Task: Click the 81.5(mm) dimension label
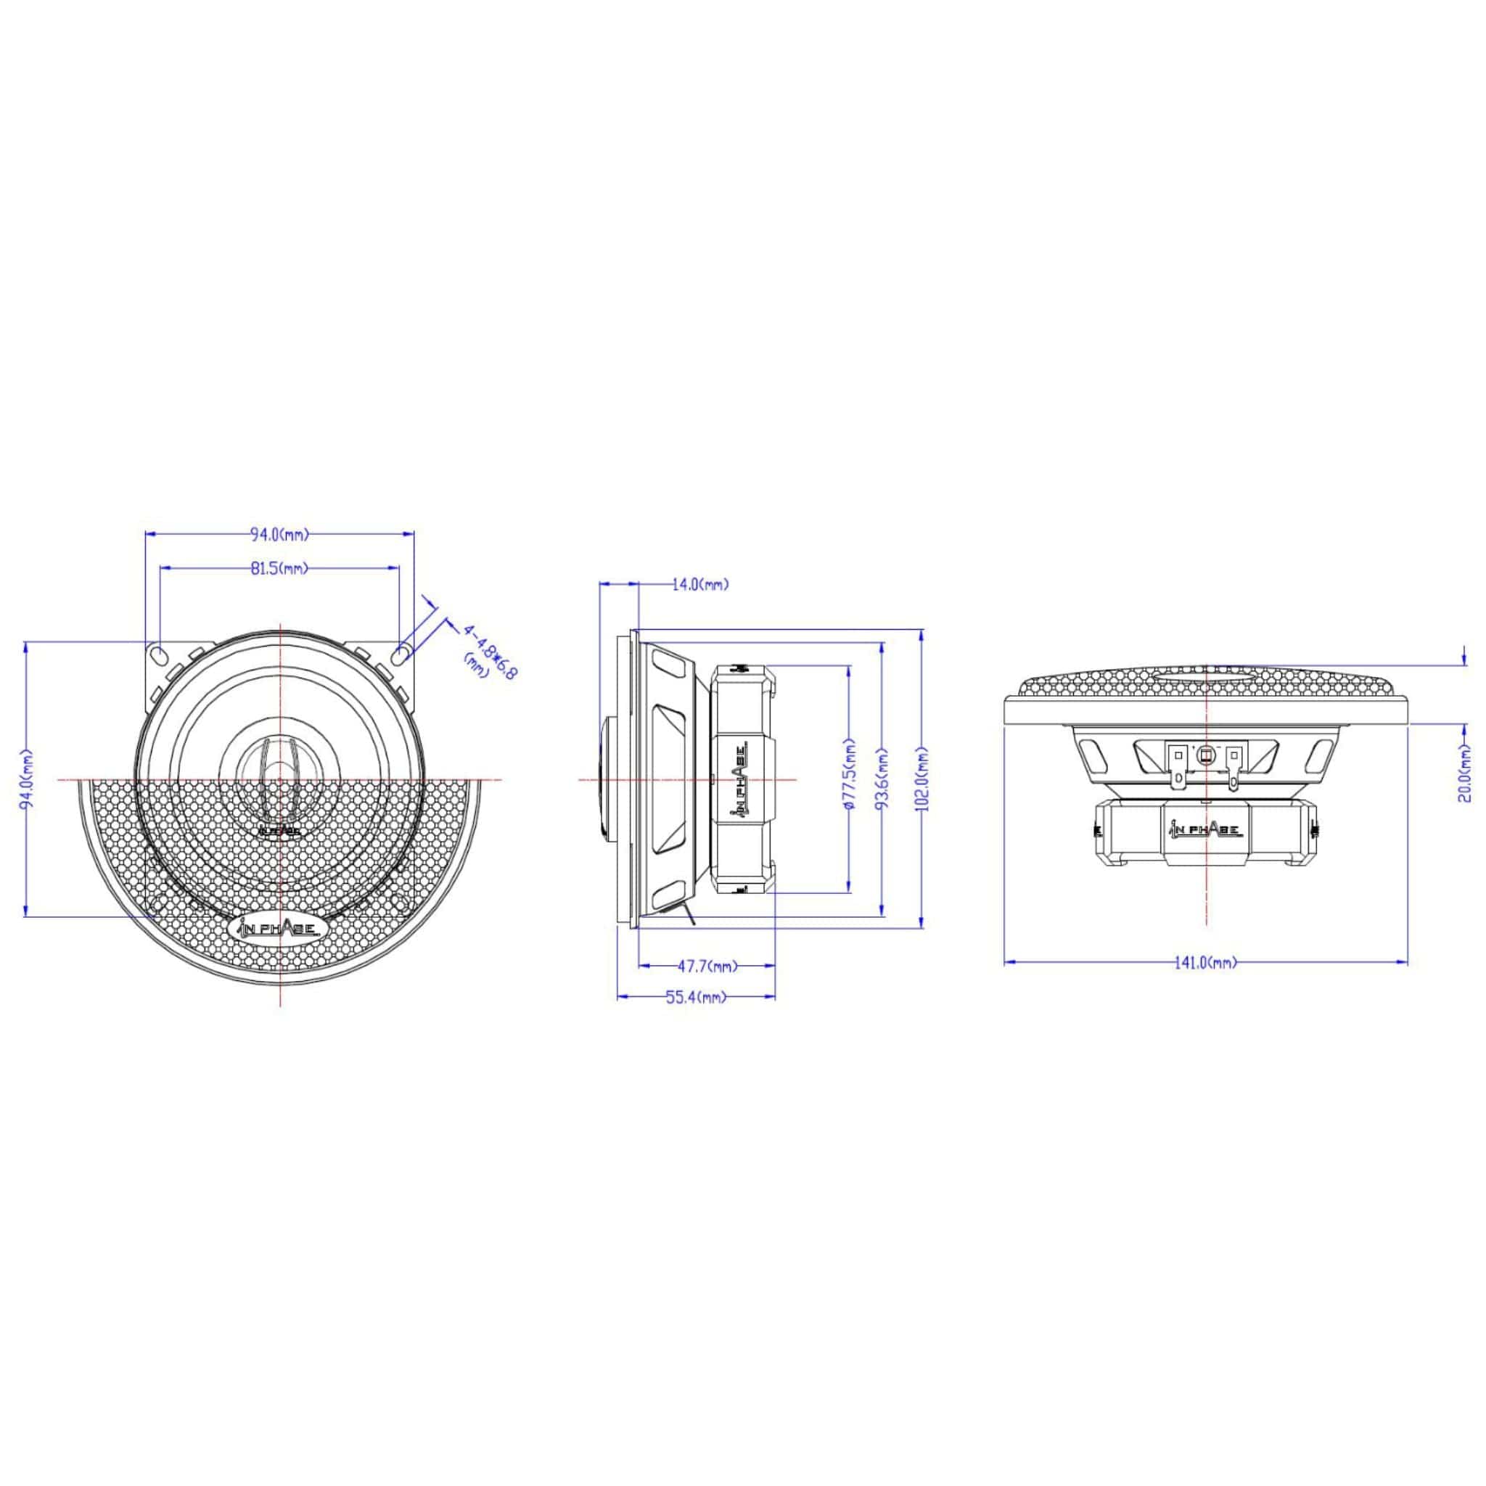click(x=279, y=568)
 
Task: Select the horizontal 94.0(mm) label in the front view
click(x=279, y=533)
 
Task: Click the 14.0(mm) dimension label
click(x=700, y=585)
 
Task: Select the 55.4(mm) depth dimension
click(x=696, y=998)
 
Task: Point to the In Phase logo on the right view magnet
click(x=1204, y=829)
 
